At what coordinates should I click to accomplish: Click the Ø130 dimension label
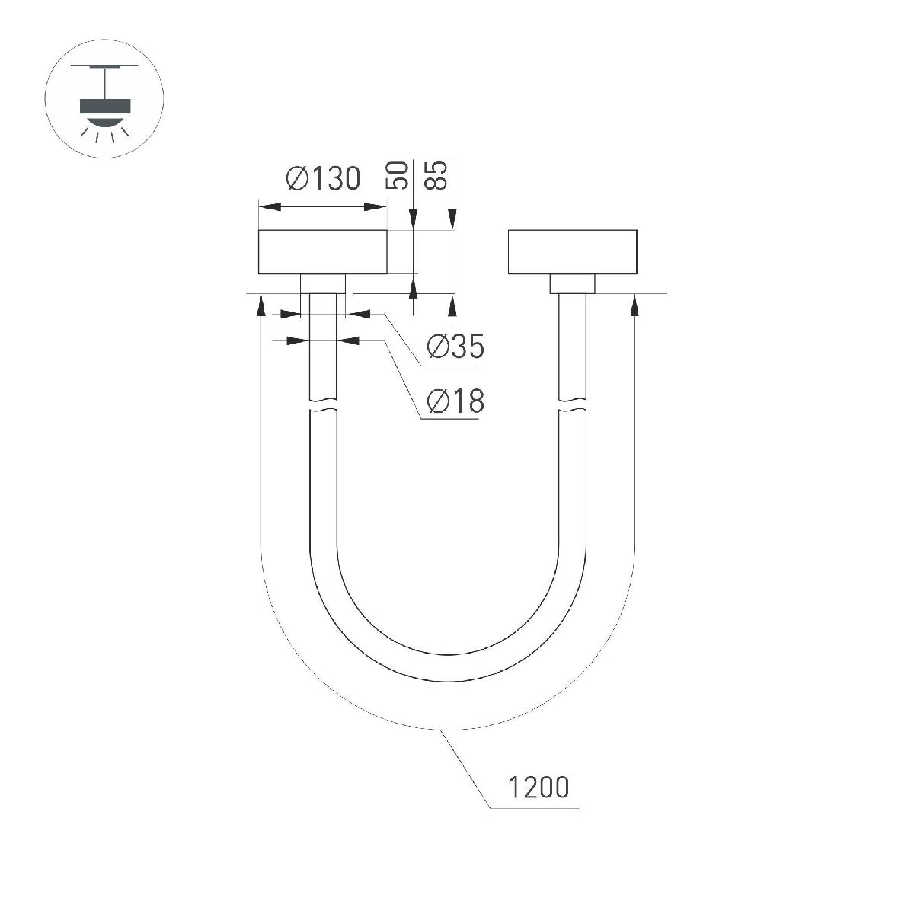(322, 179)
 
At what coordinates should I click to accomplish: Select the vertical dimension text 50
(398, 175)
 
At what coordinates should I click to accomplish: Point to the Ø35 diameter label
(455, 347)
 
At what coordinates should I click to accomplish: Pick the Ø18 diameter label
(455, 401)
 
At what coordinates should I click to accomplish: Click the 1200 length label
(538, 788)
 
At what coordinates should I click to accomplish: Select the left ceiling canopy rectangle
(323, 251)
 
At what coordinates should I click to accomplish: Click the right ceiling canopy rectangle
(572, 251)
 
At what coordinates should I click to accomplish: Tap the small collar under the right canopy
(572, 283)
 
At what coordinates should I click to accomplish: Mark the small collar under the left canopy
(323, 283)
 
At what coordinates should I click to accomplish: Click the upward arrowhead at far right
(634, 305)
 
